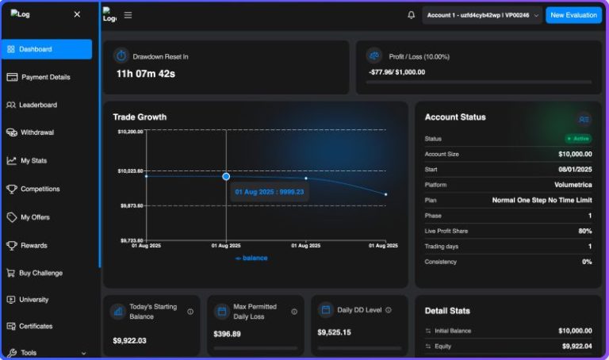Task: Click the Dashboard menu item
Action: [47, 49]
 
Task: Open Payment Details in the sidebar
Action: [38, 77]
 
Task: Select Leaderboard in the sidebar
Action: [32, 105]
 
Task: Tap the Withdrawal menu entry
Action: [30, 132]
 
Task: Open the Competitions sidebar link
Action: [33, 190]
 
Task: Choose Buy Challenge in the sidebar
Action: [35, 273]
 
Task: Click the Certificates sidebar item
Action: [29, 326]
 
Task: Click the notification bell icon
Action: [411, 15]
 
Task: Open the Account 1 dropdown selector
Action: [482, 16]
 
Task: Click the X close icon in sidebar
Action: [77, 14]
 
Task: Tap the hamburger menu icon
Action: [128, 15]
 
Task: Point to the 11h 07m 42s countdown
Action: [146, 74]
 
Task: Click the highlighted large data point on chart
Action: [226, 177]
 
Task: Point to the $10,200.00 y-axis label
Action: [131, 132]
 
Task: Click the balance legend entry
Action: [251, 258]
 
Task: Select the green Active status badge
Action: [578, 139]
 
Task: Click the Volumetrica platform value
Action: [573, 185]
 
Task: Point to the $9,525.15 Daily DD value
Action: [334, 332]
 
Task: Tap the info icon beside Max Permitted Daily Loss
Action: [294, 312]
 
